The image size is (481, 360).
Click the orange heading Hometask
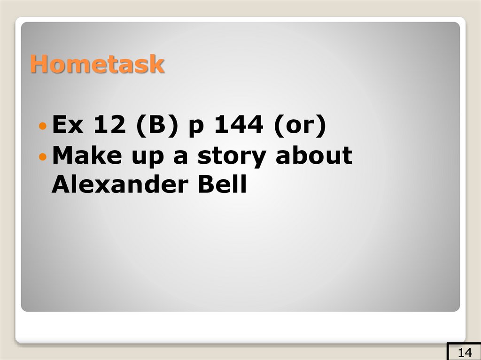(x=97, y=64)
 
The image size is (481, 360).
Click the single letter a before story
(x=180, y=157)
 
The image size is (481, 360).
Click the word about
(x=314, y=155)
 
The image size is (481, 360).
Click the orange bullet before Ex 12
(x=43, y=127)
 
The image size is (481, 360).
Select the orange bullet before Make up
(x=43, y=156)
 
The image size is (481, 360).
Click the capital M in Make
(x=62, y=155)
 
